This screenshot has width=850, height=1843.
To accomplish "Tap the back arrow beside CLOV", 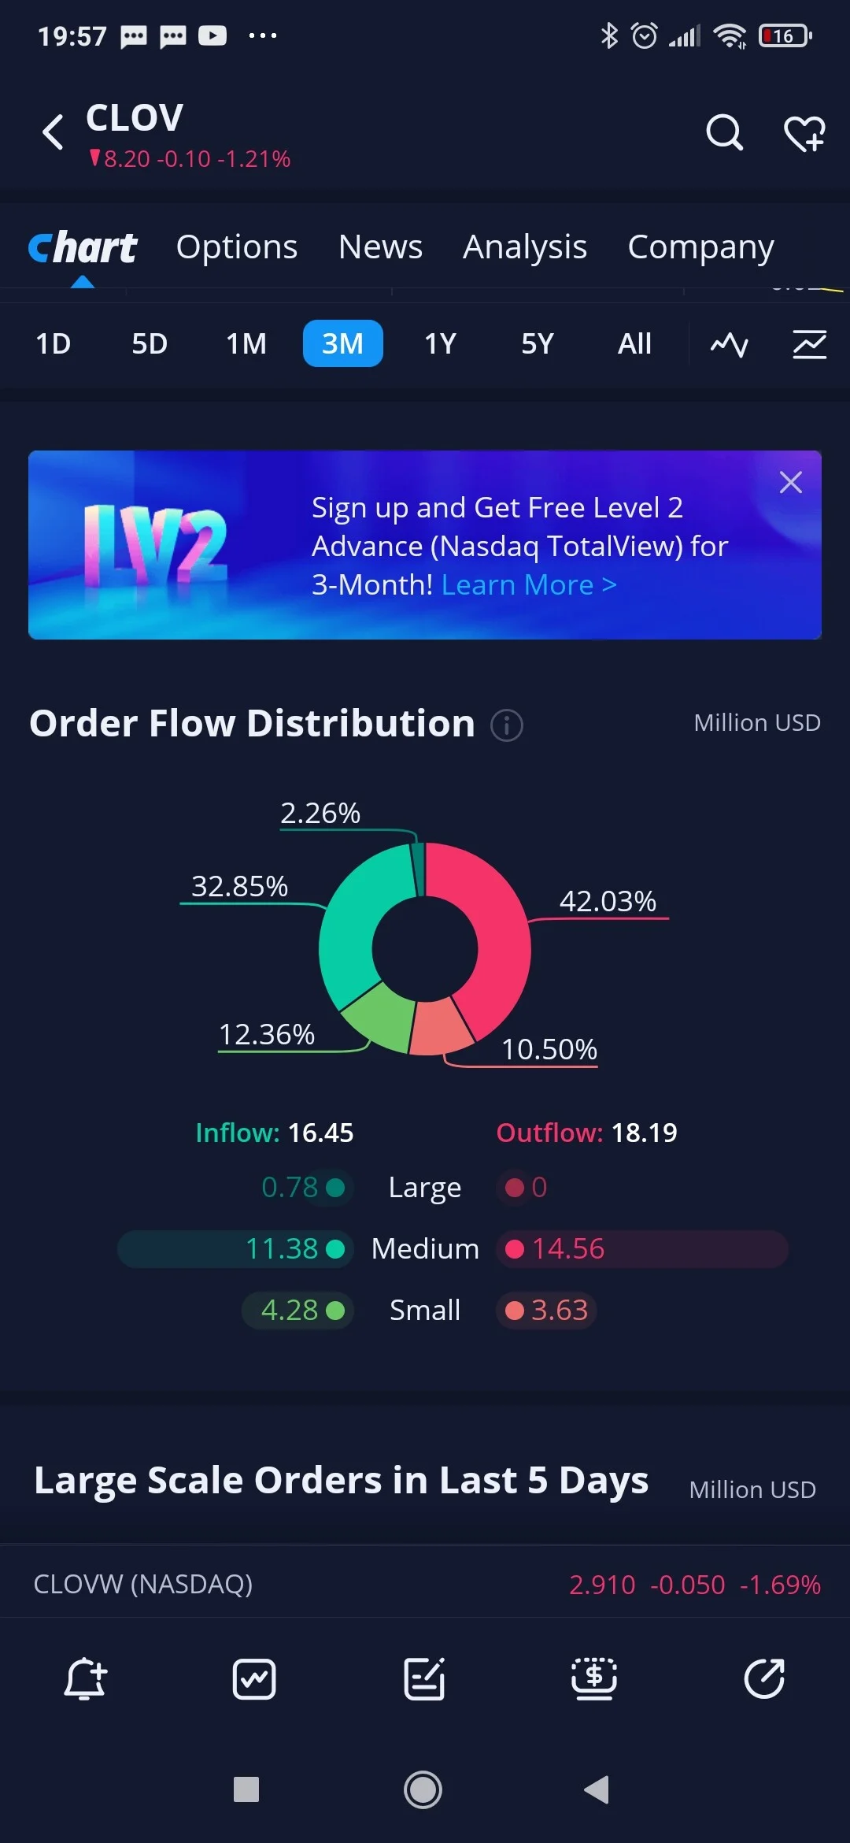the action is (53, 132).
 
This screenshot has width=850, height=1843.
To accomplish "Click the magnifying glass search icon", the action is (724, 132).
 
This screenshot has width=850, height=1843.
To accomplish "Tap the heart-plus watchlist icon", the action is (804, 132).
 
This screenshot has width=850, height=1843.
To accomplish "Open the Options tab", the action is (237, 247).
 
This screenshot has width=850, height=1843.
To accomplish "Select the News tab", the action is (380, 247).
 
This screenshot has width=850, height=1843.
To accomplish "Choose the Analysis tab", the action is (525, 247).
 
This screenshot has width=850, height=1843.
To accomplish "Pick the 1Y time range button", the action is (440, 343).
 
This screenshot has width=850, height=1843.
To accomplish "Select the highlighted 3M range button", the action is (342, 343).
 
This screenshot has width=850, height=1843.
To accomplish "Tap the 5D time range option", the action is (150, 343).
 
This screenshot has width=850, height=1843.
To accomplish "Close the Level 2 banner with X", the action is (790, 482).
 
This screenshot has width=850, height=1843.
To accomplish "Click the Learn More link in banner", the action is (529, 585).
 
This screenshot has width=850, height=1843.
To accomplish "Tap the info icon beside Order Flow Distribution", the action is (507, 725).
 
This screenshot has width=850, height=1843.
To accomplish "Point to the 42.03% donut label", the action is (608, 901).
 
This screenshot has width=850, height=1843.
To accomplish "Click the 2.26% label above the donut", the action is (320, 813).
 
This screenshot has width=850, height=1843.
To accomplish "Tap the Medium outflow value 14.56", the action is (568, 1248).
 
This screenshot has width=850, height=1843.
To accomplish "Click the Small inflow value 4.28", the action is (290, 1310).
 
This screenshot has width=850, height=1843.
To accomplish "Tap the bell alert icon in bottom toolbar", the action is (85, 1678).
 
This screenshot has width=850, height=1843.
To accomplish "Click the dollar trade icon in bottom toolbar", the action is (594, 1678).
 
